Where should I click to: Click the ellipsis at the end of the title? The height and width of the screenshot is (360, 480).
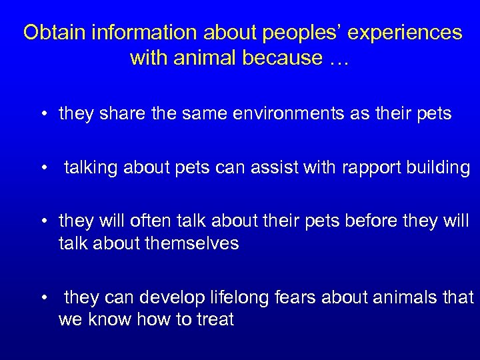pyautogui.click(x=339, y=58)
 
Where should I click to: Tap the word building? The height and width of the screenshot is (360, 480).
pyautogui.click(x=437, y=167)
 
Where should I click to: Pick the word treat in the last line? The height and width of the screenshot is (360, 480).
pyautogui.click(x=215, y=319)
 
